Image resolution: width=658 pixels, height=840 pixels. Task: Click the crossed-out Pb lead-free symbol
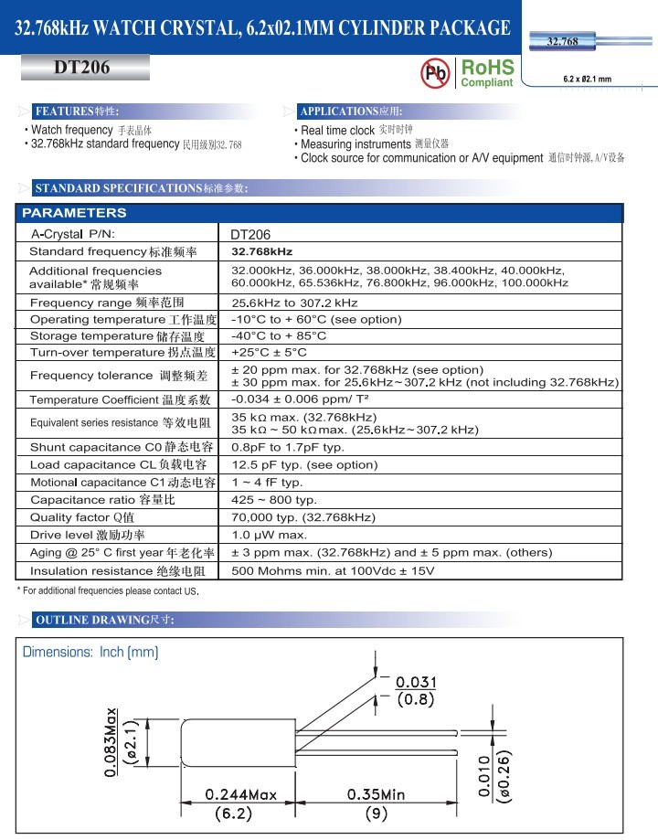[435, 72]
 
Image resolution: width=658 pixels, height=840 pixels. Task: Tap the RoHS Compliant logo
[487, 73]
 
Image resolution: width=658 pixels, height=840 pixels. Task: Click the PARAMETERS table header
[74, 213]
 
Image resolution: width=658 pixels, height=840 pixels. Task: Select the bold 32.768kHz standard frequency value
[261, 251]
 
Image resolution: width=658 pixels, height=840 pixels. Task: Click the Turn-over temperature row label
[122, 352]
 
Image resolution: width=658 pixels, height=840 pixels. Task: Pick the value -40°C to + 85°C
[279, 335]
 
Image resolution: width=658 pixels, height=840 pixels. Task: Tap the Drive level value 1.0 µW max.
[270, 535]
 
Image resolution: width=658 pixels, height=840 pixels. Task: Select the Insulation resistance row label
[123, 571]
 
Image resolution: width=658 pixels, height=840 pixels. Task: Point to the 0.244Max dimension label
[240, 794]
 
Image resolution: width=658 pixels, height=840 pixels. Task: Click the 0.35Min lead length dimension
[376, 794]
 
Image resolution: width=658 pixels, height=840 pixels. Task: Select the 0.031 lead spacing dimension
[416, 682]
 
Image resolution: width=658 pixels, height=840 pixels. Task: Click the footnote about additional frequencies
[108, 591]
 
